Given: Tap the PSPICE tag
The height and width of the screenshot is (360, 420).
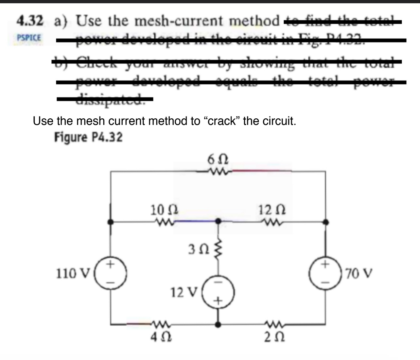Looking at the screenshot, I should coord(29,37).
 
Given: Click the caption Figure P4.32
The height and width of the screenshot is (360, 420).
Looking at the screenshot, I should coord(88,137).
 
